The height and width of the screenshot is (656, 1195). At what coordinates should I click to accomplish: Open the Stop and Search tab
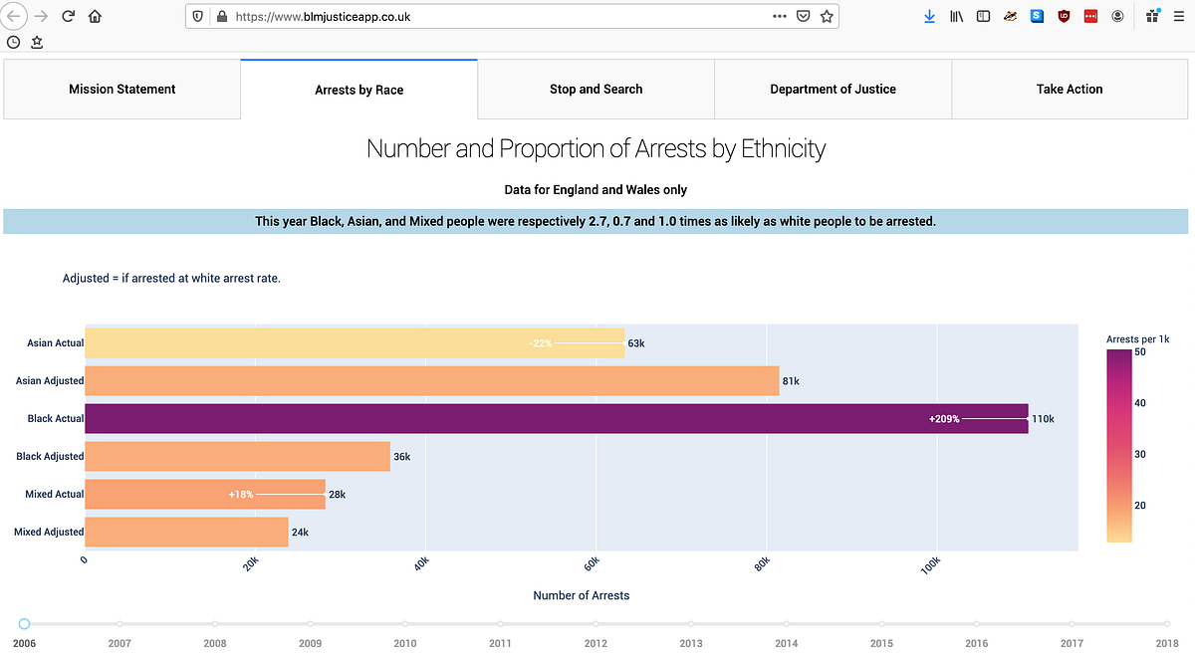pyautogui.click(x=596, y=90)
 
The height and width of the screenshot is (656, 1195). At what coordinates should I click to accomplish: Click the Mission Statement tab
pyautogui.click(x=121, y=90)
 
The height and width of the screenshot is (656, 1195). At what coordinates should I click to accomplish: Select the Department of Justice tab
pyautogui.click(x=833, y=90)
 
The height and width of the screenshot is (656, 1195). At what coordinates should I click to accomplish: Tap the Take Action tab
pyautogui.click(x=1069, y=90)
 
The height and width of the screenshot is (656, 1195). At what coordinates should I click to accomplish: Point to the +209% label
pyautogui.click(x=944, y=419)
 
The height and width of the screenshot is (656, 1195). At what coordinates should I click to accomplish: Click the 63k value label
pyautogui.click(x=636, y=343)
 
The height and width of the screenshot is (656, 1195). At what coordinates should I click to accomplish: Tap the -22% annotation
pyautogui.click(x=540, y=343)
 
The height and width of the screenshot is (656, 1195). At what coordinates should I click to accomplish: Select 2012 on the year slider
pyautogui.click(x=596, y=624)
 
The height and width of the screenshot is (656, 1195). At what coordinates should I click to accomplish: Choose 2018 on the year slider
pyautogui.click(x=1167, y=624)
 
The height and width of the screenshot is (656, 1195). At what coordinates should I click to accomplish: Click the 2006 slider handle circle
pyautogui.click(x=24, y=624)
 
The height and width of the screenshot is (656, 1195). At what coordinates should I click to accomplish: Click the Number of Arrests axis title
pyautogui.click(x=581, y=595)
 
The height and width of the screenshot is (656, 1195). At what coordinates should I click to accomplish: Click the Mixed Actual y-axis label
pyautogui.click(x=55, y=495)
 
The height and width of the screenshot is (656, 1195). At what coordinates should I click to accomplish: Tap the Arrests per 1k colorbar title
pyautogui.click(x=1137, y=339)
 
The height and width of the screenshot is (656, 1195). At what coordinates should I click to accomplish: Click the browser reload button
pyautogui.click(x=68, y=17)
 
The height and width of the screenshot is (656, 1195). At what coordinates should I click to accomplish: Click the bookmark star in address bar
pyautogui.click(x=826, y=17)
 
